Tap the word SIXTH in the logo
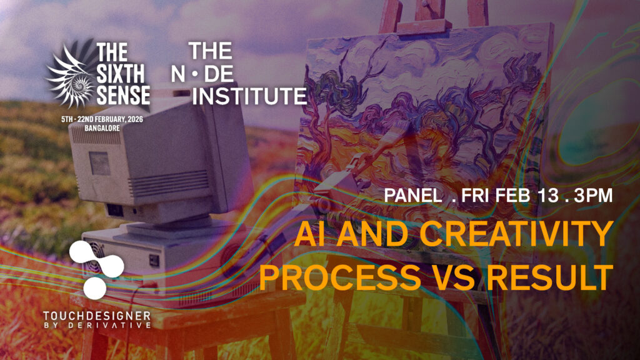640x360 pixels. point(121,74)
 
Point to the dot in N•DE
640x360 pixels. point(195,74)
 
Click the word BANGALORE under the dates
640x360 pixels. point(102,128)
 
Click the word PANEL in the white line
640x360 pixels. point(413,196)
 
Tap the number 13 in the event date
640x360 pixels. point(547,196)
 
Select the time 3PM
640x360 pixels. point(593,196)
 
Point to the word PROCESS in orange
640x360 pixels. point(340,277)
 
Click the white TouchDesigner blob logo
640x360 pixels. point(96,269)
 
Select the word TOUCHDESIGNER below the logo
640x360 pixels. point(97,316)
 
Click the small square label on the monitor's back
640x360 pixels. point(99,163)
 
